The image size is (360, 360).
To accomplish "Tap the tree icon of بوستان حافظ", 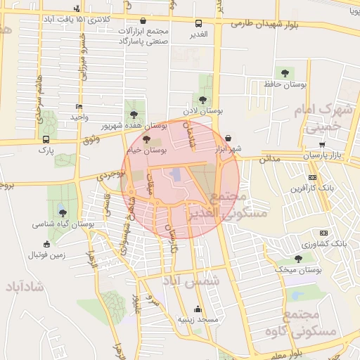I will click(x=285, y=72).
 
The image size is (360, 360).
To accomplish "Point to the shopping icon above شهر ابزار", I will click(x=229, y=138).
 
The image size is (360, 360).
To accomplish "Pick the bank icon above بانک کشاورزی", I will click(x=324, y=233).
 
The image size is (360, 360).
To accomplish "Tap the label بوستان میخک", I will click(x=298, y=269).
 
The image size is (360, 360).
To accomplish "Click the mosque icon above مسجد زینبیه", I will click(x=198, y=309).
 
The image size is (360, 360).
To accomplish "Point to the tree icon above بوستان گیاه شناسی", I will click(x=63, y=213).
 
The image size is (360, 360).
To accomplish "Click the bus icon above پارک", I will click(x=46, y=139).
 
